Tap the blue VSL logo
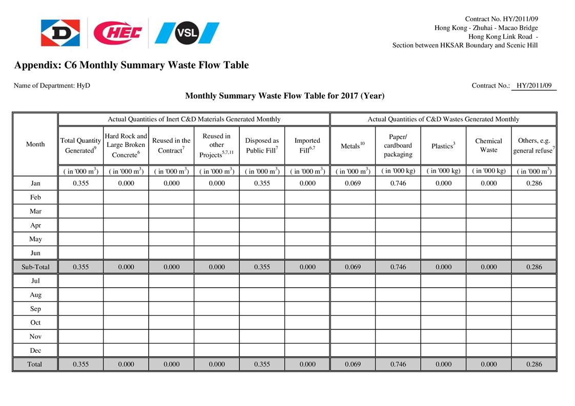[x=187, y=33]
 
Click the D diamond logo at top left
[x=60, y=33]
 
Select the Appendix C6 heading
[x=131, y=65]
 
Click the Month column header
[x=35, y=144]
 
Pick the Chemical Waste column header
[x=488, y=145]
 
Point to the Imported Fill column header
[x=307, y=145]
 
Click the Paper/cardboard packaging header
[x=398, y=145]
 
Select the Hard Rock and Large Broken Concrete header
[x=126, y=145]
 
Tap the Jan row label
[x=35, y=183]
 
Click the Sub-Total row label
[x=35, y=267]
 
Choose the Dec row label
[x=35, y=351]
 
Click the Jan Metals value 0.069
[x=353, y=183]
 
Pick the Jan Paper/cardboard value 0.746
[x=398, y=183]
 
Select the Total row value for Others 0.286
[x=534, y=365]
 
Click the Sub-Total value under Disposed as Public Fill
[x=262, y=267]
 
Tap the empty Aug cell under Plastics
[x=443, y=295]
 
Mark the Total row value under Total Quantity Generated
[x=81, y=365]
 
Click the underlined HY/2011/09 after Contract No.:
[x=534, y=86]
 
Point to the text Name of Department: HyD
[x=52, y=86]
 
